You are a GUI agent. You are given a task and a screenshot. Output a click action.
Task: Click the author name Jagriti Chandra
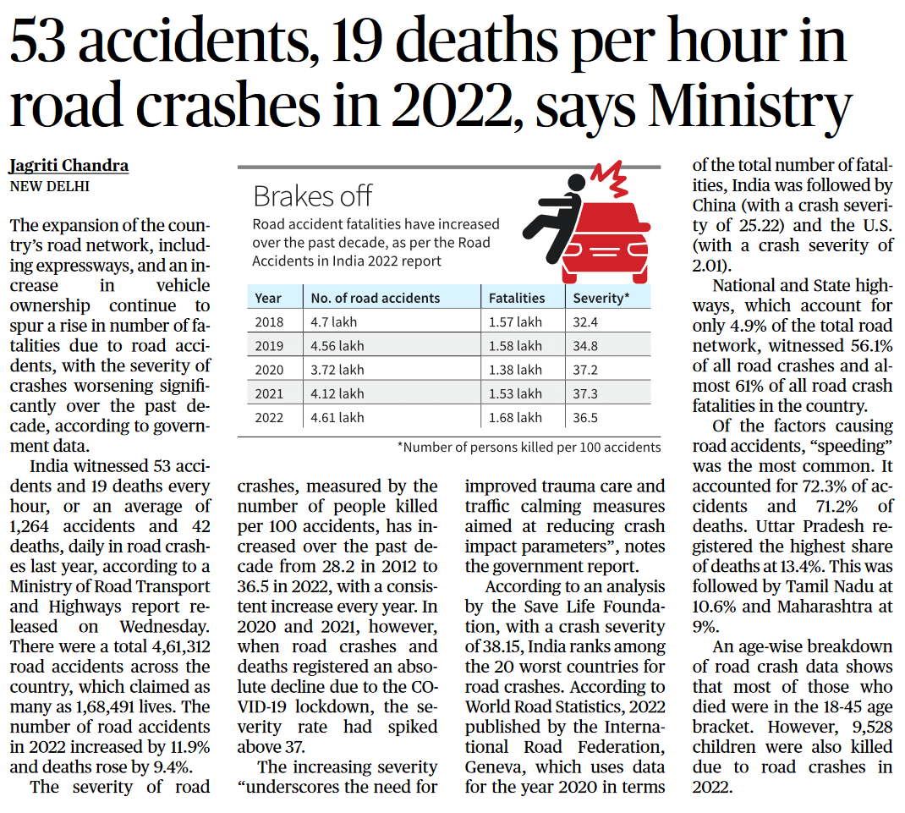coord(69,165)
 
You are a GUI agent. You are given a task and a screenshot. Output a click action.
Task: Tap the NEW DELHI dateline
coord(49,185)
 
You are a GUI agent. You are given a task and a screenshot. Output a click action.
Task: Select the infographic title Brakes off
coord(312,196)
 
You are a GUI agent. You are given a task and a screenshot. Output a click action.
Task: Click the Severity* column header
coord(601,298)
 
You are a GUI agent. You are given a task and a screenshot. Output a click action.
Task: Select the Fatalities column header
coord(517,298)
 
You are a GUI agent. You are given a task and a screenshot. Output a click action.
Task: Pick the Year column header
coord(268,298)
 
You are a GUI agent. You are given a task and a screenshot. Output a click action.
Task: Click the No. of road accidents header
coord(375,298)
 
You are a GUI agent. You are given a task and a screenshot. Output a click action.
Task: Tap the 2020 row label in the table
coord(270,370)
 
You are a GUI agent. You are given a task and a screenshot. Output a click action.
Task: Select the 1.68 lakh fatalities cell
coord(515,417)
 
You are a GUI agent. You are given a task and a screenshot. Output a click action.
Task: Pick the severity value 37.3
coord(585,393)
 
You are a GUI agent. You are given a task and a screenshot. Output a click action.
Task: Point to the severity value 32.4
coord(585,322)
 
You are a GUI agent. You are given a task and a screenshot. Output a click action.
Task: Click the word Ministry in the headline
coord(752,106)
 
